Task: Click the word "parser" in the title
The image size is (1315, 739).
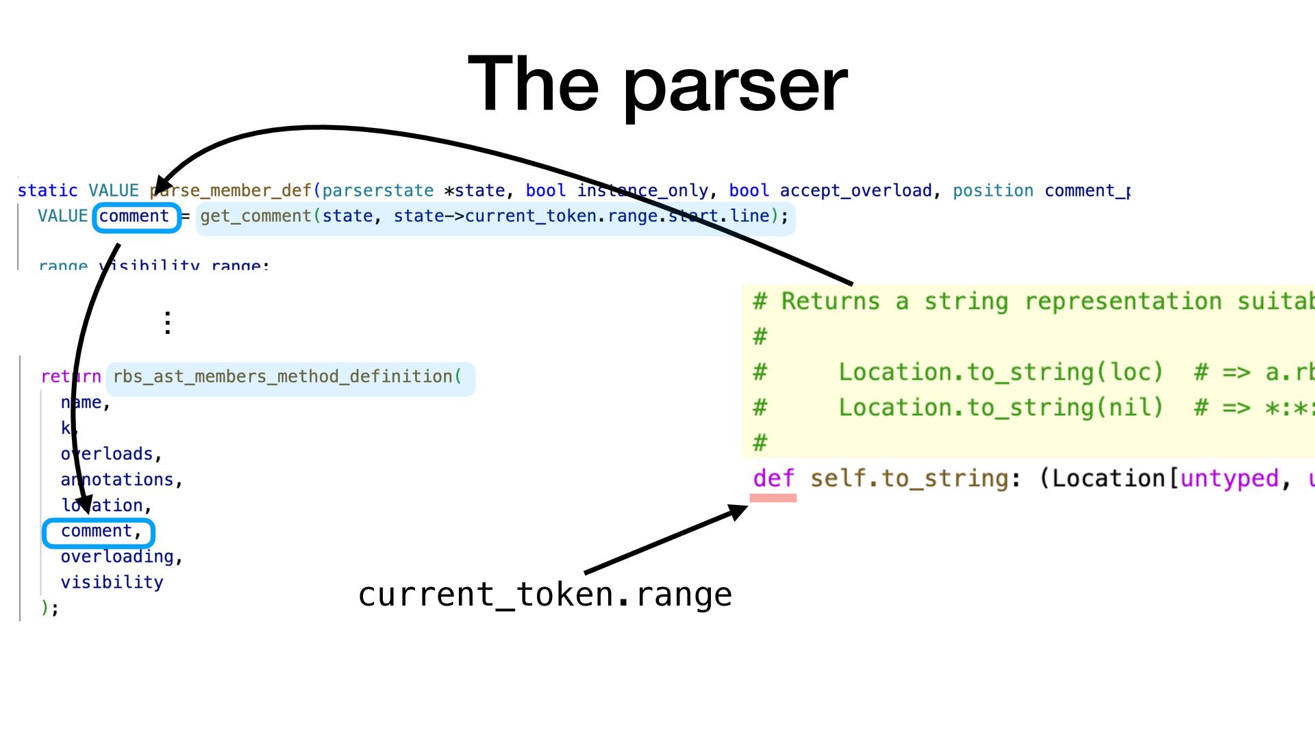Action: [x=736, y=86]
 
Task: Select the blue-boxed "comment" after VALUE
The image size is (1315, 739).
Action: [x=135, y=217]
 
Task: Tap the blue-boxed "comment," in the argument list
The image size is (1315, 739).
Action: [x=99, y=532]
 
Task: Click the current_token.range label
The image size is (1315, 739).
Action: [x=544, y=594]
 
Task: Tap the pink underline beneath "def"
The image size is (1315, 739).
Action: [x=773, y=498]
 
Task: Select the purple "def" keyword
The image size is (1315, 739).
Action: [x=773, y=478]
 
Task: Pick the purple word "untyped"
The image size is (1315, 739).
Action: [x=1229, y=478]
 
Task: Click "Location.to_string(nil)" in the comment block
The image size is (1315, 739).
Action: [x=1001, y=408]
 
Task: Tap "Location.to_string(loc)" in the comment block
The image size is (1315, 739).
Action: [x=1001, y=372]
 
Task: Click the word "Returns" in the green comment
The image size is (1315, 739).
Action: [x=830, y=301]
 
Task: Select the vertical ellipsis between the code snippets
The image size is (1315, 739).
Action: [x=168, y=322]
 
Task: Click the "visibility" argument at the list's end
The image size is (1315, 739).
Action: [x=112, y=582]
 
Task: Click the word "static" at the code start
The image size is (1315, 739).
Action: [x=47, y=191]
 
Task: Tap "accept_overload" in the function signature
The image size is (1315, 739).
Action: [x=856, y=191]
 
